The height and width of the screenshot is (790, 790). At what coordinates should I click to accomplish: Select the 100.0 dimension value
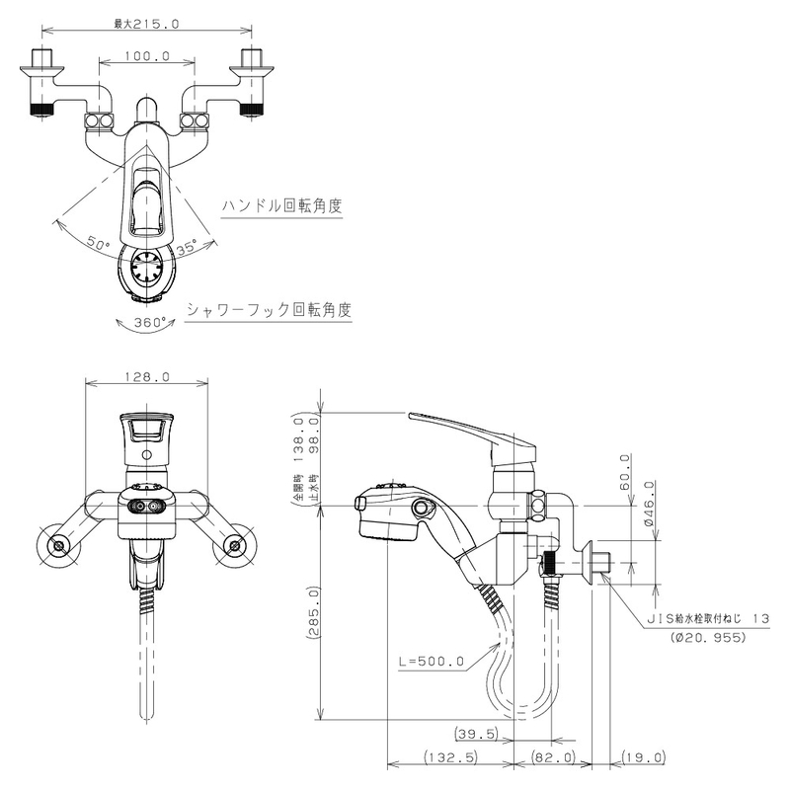(148, 57)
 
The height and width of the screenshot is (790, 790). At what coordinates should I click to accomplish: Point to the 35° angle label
(188, 245)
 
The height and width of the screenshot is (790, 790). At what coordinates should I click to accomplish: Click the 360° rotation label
(148, 323)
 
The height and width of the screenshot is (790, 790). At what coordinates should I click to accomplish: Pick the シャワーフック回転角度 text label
(269, 309)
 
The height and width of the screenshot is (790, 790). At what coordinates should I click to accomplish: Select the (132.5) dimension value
(449, 757)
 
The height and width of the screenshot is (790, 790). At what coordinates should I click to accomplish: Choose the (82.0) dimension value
(552, 757)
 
